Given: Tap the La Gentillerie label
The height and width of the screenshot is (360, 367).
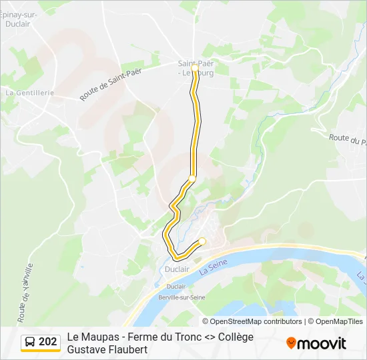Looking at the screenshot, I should [x=29, y=93].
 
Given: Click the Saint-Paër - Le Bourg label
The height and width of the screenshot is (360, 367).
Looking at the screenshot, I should [x=196, y=68].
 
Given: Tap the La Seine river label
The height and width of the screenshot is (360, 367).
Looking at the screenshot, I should [x=214, y=267].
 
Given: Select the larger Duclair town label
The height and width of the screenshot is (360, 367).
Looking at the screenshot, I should [x=177, y=269].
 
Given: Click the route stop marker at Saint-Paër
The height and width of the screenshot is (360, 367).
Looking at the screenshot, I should [x=194, y=68].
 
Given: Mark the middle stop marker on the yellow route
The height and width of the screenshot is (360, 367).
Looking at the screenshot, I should [x=192, y=178].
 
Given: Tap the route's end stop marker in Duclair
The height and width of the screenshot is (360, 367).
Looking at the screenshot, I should [x=202, y=241].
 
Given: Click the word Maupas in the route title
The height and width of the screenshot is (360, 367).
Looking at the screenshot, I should [x=99, y=337].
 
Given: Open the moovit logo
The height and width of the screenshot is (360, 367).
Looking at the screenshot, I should [x=316, y=343].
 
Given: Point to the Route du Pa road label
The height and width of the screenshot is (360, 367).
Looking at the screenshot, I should [x=348, y=139].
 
